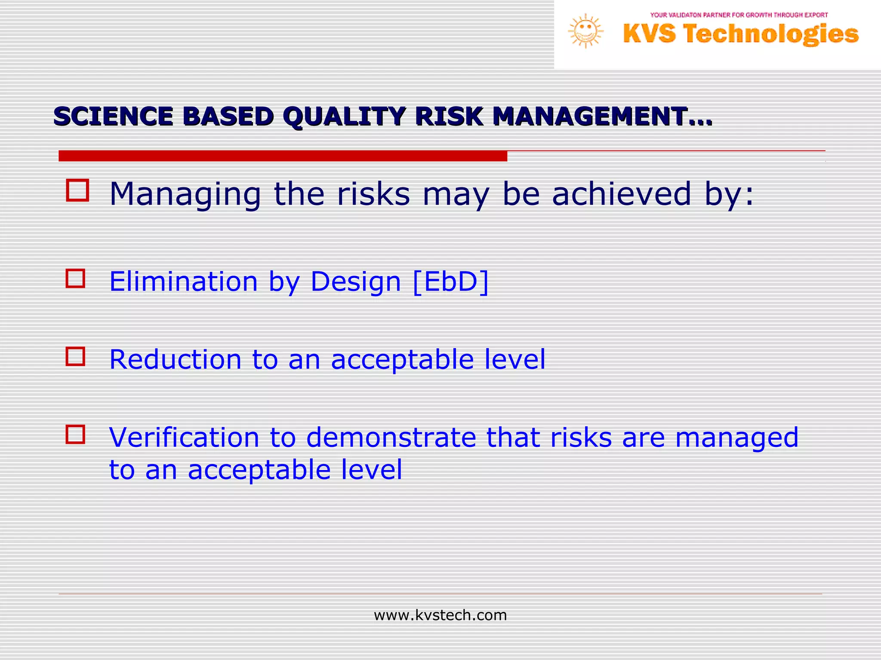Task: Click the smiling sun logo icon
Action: click(585, 31)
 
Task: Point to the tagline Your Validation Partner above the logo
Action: click(739, 15)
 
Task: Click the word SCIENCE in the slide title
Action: click(113, 116)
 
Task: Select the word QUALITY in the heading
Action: click(344, 116)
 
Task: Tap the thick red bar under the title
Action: click(283, 156)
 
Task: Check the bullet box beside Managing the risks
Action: click(77, 190)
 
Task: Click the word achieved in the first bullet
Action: click(621, 194)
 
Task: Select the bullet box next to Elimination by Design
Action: click(75, 278)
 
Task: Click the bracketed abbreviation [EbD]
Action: click(450, 282)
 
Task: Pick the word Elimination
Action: click(184, 282)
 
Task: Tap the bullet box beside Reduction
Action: click(75, 357)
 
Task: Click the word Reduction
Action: click(175, 360)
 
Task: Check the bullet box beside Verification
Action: click(75, 434)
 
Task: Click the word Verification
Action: click(184, 437)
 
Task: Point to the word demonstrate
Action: click(391, 437)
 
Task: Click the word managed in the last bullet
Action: click(736, 438)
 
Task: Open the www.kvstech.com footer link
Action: click(440, 615)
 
